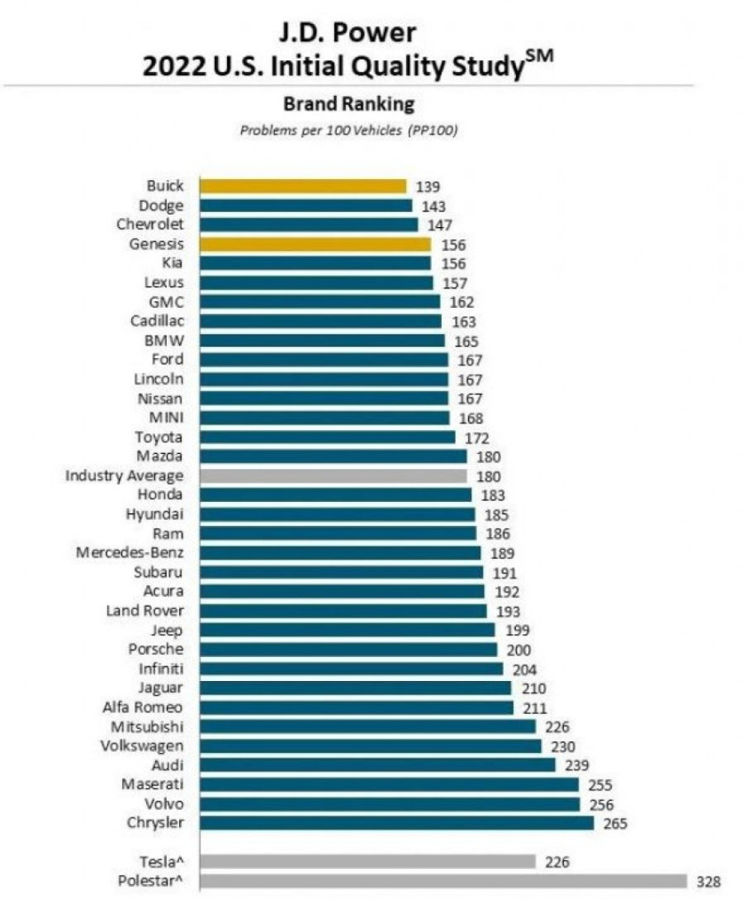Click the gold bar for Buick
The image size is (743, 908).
tap(302, 187)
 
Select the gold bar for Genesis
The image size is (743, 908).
tap(315, 244)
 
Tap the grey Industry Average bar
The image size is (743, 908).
tap(333, 476)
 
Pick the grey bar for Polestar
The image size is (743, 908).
tap(442, 882)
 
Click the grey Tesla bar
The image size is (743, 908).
tap(367, 862)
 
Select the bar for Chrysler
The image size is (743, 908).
tap(396, 823)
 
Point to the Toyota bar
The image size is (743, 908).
tap(327, 437)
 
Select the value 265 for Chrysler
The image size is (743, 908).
tap(615, 823)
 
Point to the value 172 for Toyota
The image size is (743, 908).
tap(477, 437)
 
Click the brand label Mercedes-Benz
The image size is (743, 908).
tap(130, 552)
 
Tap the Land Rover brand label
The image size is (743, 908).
tap(145, 611)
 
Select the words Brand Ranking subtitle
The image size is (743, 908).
tap(348, 105)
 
